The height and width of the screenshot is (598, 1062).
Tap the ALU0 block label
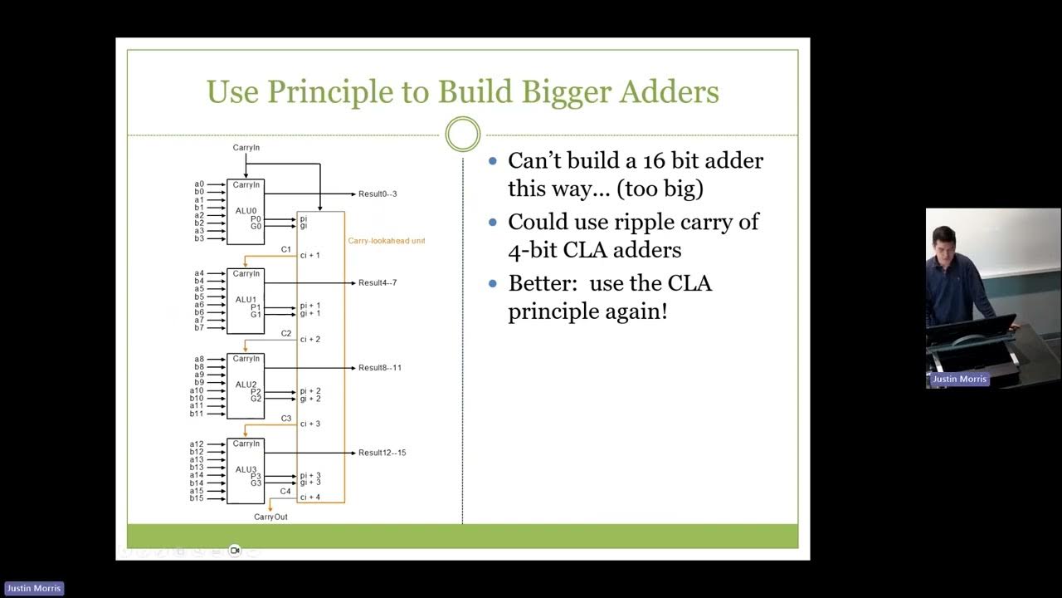(x=246, y=211)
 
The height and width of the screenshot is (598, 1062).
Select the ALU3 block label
(x=246, y=469)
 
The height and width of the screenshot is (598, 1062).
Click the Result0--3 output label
(x=378, y=194)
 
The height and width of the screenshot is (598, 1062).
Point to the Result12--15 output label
(x=382, y=453)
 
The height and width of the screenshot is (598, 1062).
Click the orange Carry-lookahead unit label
(x=386, y=241)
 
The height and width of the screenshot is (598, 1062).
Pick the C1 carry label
(x=285, y=249)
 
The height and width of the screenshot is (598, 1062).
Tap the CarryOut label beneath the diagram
(x=270, y=517)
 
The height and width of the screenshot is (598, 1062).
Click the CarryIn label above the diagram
(x=246, y=148)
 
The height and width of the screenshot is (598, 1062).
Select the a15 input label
(x=197, y=490)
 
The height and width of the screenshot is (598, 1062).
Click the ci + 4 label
(x=310, y=498)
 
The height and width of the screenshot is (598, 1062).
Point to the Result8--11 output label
(x=380, y=367)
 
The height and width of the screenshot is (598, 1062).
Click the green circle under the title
(x=463, y=135)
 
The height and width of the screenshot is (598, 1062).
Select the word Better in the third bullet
(x=540, y=283)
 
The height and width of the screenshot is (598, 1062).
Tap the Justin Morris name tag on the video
(x=959, y=379)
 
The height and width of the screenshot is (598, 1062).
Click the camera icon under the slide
(x=235, y=550)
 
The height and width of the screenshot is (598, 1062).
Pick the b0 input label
(x=199, y=192)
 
